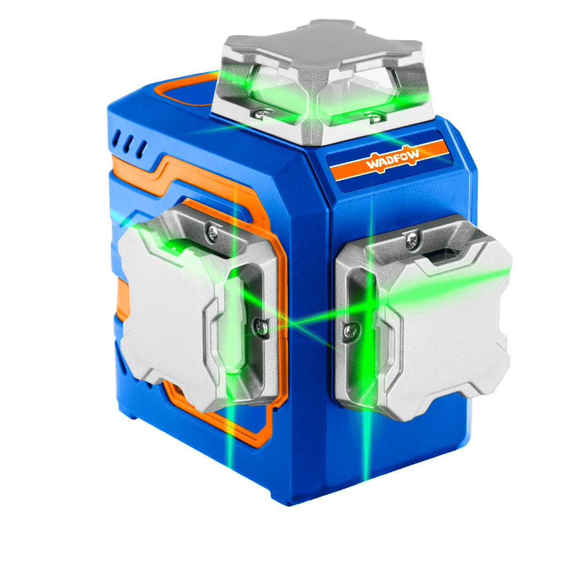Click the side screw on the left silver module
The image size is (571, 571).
[x=261, y=326]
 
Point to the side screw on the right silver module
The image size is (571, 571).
[x=351, y=330]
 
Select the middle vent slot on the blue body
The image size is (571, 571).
[x=128, y=144]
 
